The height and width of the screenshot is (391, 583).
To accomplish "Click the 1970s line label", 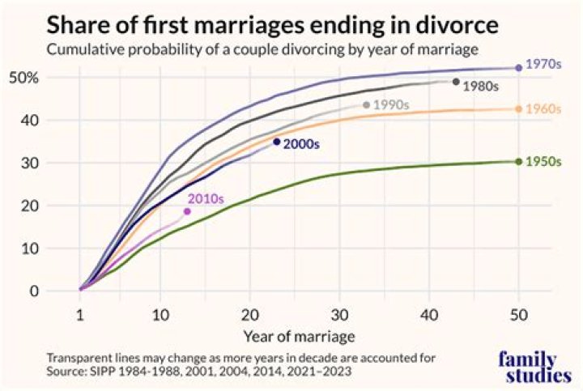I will (543, 63).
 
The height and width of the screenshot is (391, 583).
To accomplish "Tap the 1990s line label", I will (391, 105).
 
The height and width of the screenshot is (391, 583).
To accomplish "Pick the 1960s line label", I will (543, 108).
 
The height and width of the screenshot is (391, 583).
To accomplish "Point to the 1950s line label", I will (543, 161).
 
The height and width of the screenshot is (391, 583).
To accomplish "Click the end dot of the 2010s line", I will (187, 211).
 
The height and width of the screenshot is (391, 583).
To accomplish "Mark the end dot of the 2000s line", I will (277, 142).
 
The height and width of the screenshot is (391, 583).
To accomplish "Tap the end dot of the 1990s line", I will (366, 104).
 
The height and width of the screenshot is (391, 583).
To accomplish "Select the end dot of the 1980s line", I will (456, 82).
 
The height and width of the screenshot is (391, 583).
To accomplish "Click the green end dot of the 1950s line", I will (518, 161).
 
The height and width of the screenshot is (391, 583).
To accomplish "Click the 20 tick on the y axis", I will (29, 206).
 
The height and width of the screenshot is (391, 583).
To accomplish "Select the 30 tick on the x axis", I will (339, 312).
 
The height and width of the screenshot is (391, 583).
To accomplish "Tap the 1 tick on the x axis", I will (79, 312).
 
